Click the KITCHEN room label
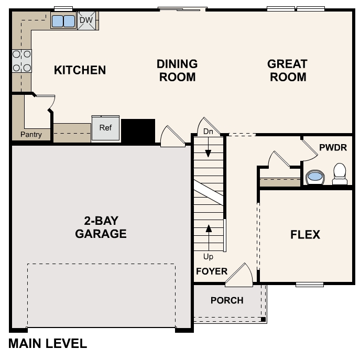pyautogui.click(x=80, y=70)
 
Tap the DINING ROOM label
pyautogui.click(x=177, y=70)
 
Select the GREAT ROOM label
pyautogui.click(x=287, y=70)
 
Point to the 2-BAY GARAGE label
pyautogui.click(x=101, y=227)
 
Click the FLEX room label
pyautogui.click(x=305, y=235)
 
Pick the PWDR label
pyautogui.click(x=333, y=147)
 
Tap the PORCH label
pyautogui.click(x=227, y=300)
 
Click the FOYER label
pyautogui.click(x=212, y=271)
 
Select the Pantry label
pyautogui.click(x=31, y=135)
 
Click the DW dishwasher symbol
pyautogui.click(x=87, y=21)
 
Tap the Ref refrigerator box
pyautogui.click(x=105, y=128)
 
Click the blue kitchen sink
pyautogui.click(x=63, y=21)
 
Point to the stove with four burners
pyautogui.click(x=21, y=60)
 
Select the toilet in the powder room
pyautogui.click(x=340, y=173)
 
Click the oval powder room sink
pyautogui.click(x=314, y=177)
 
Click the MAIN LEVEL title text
pyautogui.click(x=48, y=344)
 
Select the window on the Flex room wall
pyautogui.click(x=309, y=285)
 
